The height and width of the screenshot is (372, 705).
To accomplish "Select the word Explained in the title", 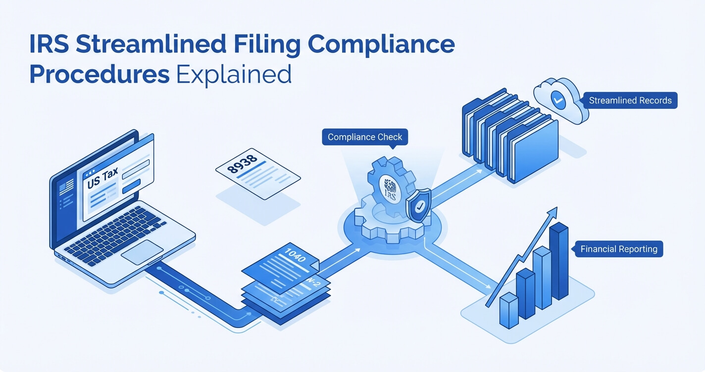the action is click(x=234, y=75).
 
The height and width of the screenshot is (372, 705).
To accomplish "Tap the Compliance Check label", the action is click(x=365, y=137).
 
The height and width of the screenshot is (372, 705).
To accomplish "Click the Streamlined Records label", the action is click(x=630, y=100).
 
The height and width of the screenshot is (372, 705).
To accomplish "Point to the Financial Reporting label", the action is click(x=619, y=249).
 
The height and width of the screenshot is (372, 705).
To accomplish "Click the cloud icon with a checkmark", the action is click(x=557, y=100).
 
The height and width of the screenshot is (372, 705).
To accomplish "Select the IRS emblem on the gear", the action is click(x=390, y=188).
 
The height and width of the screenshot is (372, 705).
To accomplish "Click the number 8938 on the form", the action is click(x=243, y=164).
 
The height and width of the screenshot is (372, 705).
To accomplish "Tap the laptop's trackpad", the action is click(x=142, y=252).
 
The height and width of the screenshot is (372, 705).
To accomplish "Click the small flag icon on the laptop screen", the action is click(x=63, y=188).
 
